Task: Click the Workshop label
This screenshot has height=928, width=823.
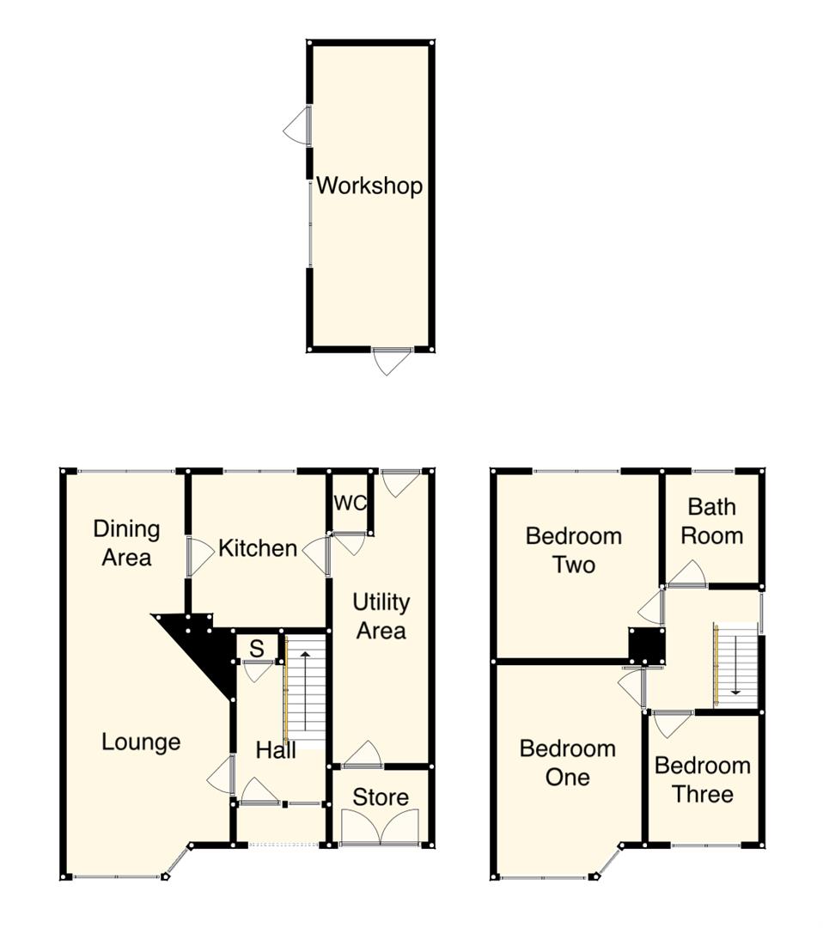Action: pos(369,186)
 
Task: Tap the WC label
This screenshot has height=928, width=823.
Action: pos(351,503)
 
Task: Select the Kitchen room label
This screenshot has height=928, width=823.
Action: pos(258,548)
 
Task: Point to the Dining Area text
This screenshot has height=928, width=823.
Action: pos(126,543)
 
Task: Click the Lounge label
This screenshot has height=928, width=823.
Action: pos(141,742)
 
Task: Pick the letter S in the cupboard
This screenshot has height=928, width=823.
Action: pos(257,649)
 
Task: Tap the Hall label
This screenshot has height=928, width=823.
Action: pos(276,750)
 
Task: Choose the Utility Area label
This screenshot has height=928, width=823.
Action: pos(381,616)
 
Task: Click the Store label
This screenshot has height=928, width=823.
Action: pos(381,797)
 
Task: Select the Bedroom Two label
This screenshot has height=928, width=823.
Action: pos(573,551)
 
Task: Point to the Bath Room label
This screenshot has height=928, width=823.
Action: pos(711,522)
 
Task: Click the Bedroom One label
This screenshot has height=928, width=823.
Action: pos(568,762)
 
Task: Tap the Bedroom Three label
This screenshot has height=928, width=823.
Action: pos(703,779)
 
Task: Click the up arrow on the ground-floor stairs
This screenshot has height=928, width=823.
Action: pos(304,683)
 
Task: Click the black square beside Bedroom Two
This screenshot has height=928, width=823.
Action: pos(647,645)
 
